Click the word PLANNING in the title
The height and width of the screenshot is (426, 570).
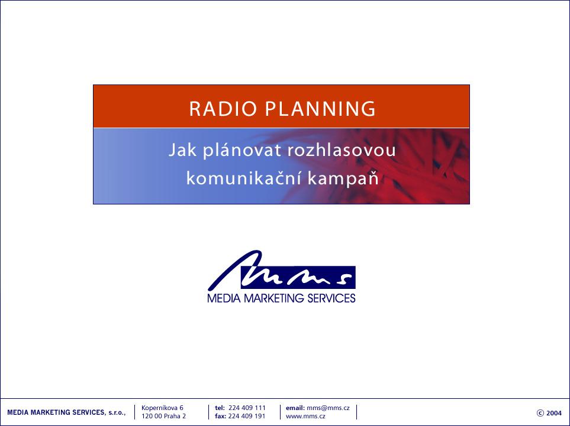[x=320, y=109]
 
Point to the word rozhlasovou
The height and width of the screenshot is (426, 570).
[x=342, y=150]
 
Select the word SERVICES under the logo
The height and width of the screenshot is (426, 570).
[x=331, y=298]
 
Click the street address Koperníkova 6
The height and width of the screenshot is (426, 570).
[x=163, y=408]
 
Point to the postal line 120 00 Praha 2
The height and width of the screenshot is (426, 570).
[x=163, y=416]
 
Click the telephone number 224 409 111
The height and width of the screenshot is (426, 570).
[x=247, y=408]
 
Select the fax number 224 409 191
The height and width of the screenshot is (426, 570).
[x=247, y=416]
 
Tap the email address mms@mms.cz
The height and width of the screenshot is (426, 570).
[x=328, y=408]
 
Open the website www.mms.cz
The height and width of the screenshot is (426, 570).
[x=305, y=417]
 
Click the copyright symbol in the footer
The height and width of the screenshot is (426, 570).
[x=540, y=413]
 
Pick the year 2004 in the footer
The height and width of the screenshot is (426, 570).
[x=554, y=413]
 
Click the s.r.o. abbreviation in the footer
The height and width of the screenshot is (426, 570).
[x=117, y=412]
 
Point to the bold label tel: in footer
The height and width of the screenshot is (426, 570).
[x=220, y=408]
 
